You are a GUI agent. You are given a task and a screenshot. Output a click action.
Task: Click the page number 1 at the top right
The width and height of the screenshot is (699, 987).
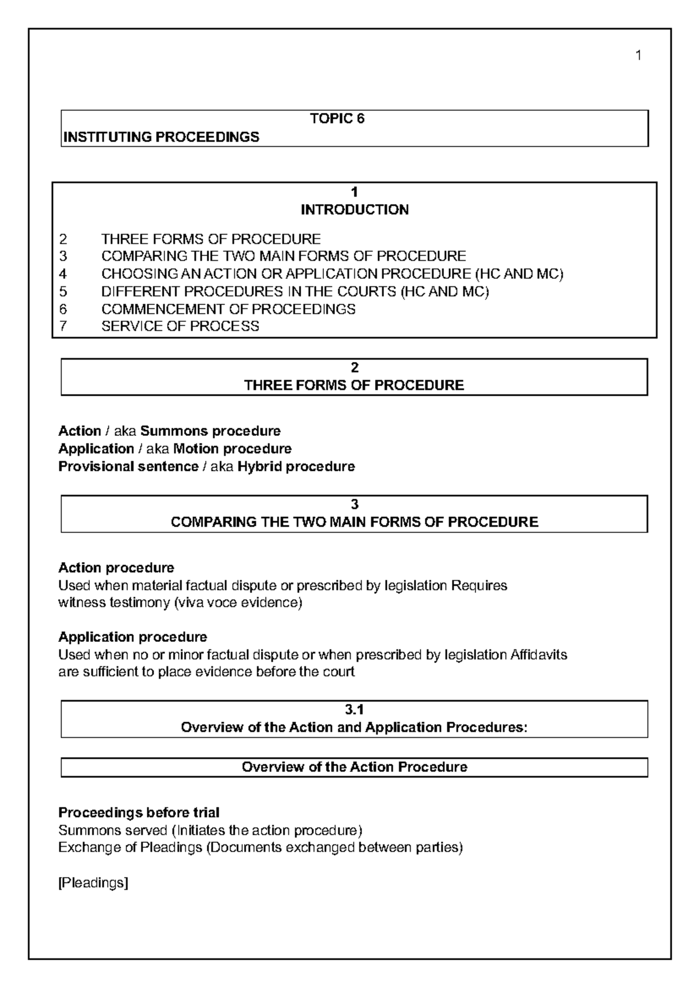coord(638,56)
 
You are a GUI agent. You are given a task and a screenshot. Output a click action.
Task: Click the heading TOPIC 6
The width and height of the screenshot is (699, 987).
coord(337,119)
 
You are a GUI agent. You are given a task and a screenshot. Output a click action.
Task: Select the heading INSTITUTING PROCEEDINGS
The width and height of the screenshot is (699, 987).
coord(161,137)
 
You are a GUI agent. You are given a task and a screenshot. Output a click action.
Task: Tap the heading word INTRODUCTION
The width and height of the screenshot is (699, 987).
coord(354,210)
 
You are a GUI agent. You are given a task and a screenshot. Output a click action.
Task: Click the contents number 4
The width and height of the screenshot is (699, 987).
coord(63,274)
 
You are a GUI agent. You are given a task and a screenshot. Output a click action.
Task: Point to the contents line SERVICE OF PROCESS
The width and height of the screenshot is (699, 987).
coord(180,326)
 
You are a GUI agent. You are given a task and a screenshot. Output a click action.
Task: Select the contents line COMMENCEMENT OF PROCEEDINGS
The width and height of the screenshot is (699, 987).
coord(228,308)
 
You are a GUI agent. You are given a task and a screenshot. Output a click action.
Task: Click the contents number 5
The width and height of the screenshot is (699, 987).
coord(63,291)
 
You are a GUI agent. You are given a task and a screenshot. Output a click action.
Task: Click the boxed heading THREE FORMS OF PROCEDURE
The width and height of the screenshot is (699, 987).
coord(354,385)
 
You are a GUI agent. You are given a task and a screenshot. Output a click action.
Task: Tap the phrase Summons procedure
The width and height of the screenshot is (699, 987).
coord(210,431)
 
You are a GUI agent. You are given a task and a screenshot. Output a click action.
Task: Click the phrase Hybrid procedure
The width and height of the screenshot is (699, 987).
coord(296,467)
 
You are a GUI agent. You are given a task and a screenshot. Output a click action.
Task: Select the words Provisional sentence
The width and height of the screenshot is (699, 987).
coord(128,467)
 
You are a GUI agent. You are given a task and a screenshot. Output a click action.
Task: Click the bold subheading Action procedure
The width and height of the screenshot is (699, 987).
coord(116,567)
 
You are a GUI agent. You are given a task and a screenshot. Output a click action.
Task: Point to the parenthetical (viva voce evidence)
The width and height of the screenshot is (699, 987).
coord(238,602)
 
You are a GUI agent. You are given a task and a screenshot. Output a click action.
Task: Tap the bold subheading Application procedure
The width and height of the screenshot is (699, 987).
coord(132,637)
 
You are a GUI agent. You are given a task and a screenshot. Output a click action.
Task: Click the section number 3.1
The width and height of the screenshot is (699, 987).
coord(354,709)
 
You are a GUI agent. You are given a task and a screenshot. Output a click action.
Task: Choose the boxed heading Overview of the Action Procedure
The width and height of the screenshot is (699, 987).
coord(354,767)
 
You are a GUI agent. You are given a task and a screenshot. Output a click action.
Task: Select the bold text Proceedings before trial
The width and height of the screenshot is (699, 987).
coord(139,812)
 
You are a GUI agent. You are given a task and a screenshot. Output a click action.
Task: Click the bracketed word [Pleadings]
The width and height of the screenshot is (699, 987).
coord(93,883)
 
